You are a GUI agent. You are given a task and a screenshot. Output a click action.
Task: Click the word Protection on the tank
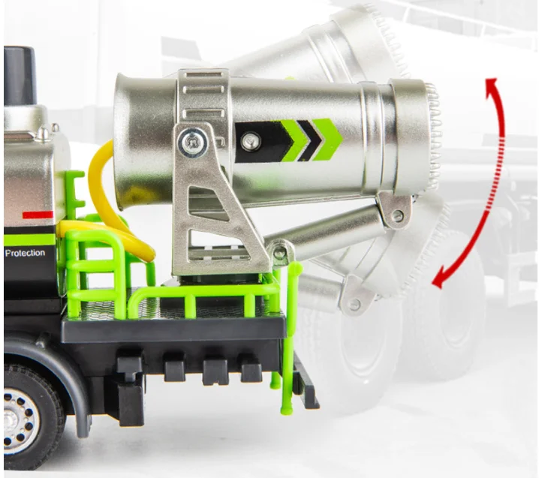pos(25,254)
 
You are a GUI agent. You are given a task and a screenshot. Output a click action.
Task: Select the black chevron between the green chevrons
pos(309,140)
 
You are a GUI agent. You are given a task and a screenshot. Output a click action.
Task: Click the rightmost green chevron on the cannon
pos(327,139)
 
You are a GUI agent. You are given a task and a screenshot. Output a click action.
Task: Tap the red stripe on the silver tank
pos(38,215)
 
